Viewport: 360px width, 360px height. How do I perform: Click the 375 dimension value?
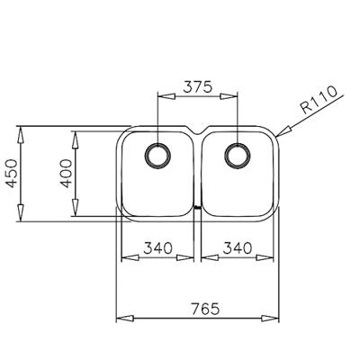point(197,87)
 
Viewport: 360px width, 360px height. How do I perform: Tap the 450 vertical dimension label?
point(11,171)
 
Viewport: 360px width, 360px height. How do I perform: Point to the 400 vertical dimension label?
point(65,171)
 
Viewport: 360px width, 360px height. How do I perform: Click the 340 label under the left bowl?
point(157,247)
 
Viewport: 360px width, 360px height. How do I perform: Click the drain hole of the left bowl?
point(158,155)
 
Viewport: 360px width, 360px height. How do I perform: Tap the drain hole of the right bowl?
point(238,155)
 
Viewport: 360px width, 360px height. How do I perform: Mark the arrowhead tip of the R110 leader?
point(278,136)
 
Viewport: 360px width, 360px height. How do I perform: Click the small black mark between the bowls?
point(197,211)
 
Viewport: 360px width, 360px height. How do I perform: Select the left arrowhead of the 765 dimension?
point(122,318)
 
